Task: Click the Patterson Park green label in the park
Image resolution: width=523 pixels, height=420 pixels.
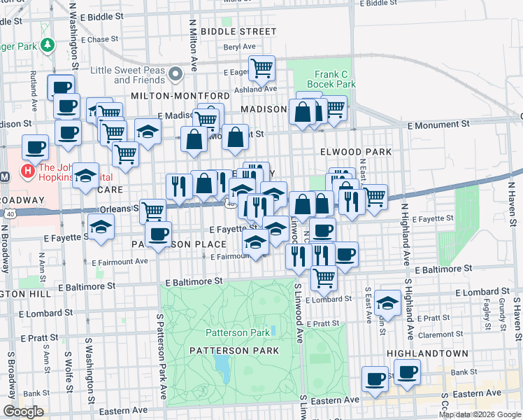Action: tap(228, 332)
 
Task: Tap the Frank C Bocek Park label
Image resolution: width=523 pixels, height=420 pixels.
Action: tap(331, 79)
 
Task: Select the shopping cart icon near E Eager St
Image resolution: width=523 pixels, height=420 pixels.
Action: tap(261, 69)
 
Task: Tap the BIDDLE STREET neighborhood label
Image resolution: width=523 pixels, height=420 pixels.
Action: tap(238, 31)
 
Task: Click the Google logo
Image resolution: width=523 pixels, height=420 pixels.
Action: tap(23, 412)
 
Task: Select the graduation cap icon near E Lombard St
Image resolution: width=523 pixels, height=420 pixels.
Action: tap(387, 302)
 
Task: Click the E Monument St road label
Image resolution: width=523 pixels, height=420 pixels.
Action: tap(438, 125)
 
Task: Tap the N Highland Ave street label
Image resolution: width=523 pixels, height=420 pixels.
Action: tap(404, 232)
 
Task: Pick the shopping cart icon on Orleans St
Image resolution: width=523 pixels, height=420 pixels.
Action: tap(152, 210)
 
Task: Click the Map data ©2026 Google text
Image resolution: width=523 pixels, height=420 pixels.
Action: tap(480, 414)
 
